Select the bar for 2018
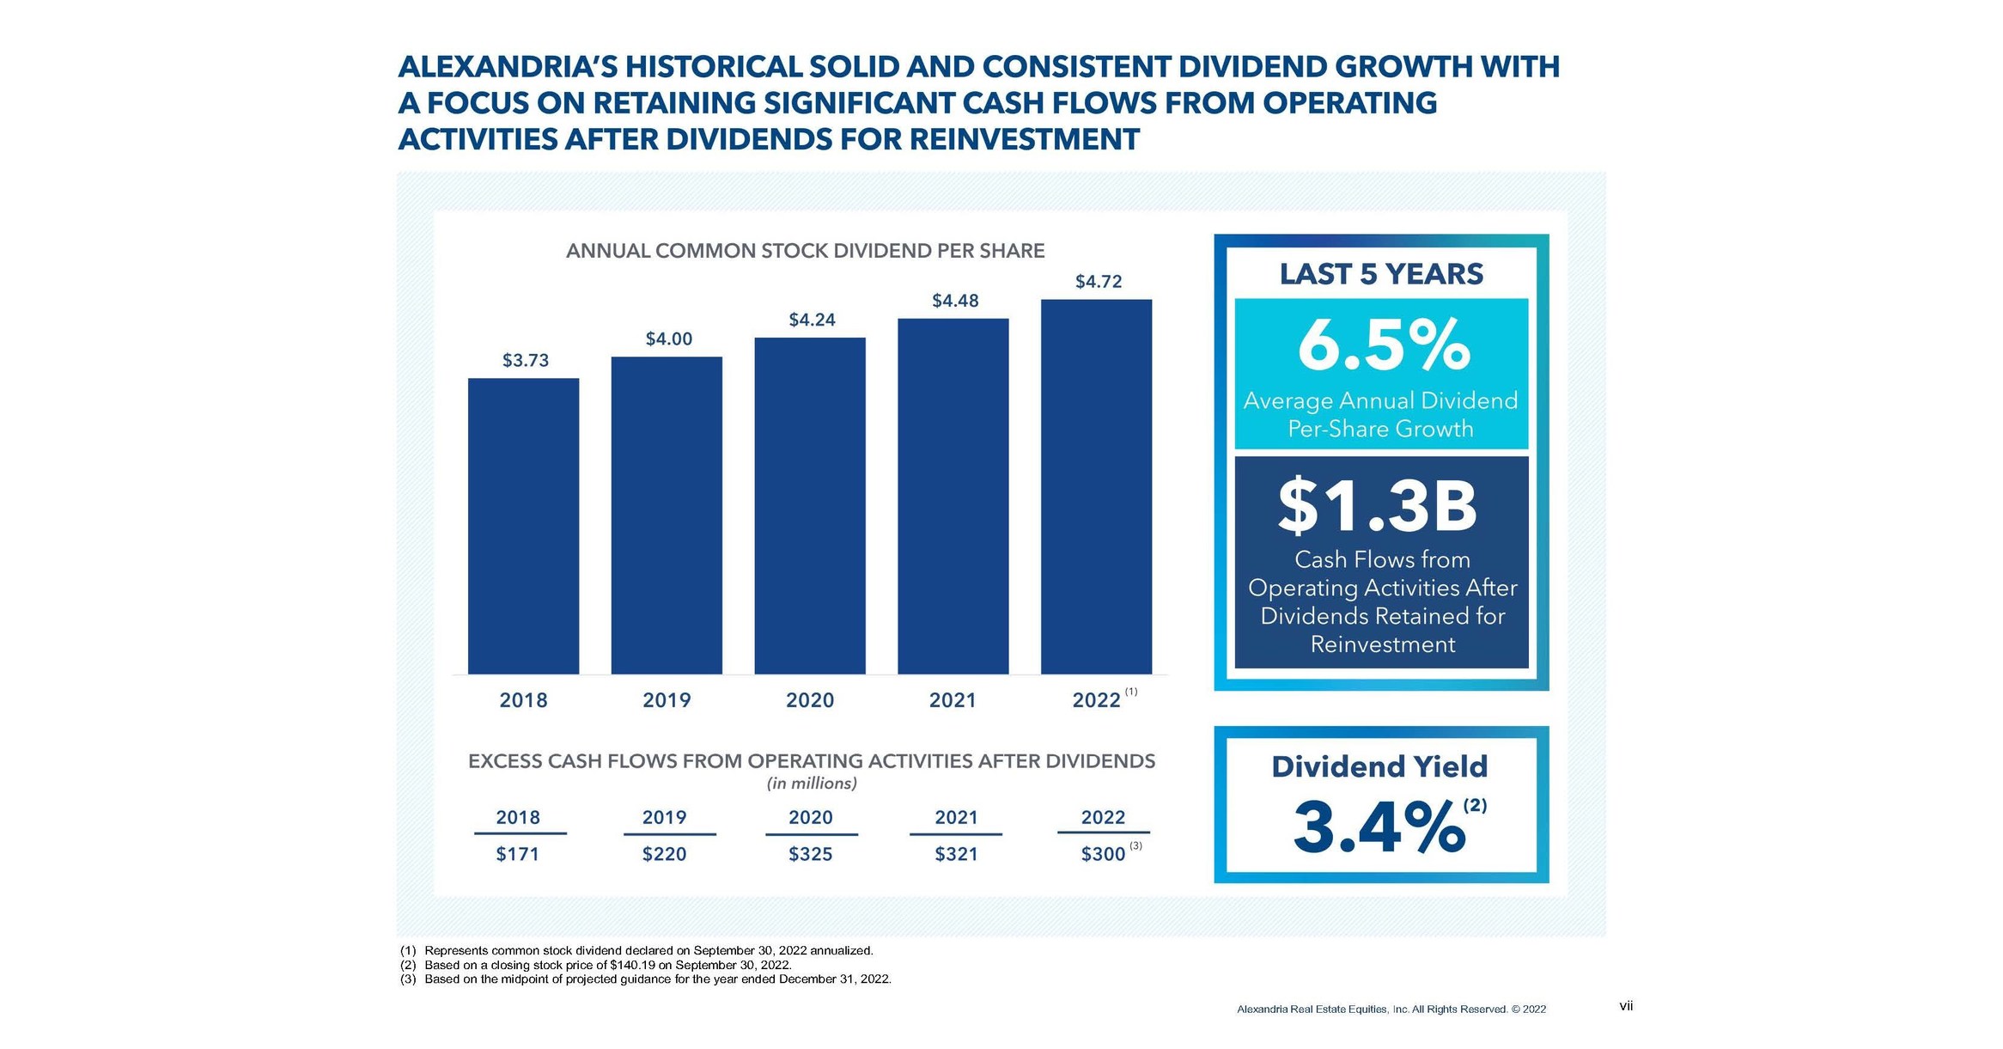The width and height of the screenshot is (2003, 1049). click(x=523, y=526)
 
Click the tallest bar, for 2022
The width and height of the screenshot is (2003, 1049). click(x=1096, y=486)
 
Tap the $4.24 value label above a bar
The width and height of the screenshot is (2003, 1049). click(x=812, y=320)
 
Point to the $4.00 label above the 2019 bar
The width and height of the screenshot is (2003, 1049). click(x=668, y=338)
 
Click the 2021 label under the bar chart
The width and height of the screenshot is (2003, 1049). click(x=953, y=700)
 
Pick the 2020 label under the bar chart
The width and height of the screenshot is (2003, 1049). click(x=810, y=700)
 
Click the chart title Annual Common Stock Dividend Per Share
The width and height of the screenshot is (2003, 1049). click(x=805, y=251)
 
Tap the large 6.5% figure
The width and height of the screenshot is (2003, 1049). click(x=1383, y=345)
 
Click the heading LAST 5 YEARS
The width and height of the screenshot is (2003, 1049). click(x=1381, y=274)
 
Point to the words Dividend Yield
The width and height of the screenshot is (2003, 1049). click(x=1379, y=766)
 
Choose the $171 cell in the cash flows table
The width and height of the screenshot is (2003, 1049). click(x=517, y=854)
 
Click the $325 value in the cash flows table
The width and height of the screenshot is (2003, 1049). click(x=810, y=854)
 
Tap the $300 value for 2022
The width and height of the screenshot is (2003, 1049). click(x=1103, y=854)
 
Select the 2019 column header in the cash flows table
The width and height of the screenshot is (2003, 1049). click(x=664, y=817)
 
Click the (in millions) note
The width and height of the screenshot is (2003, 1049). click(x=812, y=784)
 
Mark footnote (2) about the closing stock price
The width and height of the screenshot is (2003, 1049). click(x=607, y=965)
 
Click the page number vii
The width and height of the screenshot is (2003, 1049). click(x=1625, y=1005)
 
